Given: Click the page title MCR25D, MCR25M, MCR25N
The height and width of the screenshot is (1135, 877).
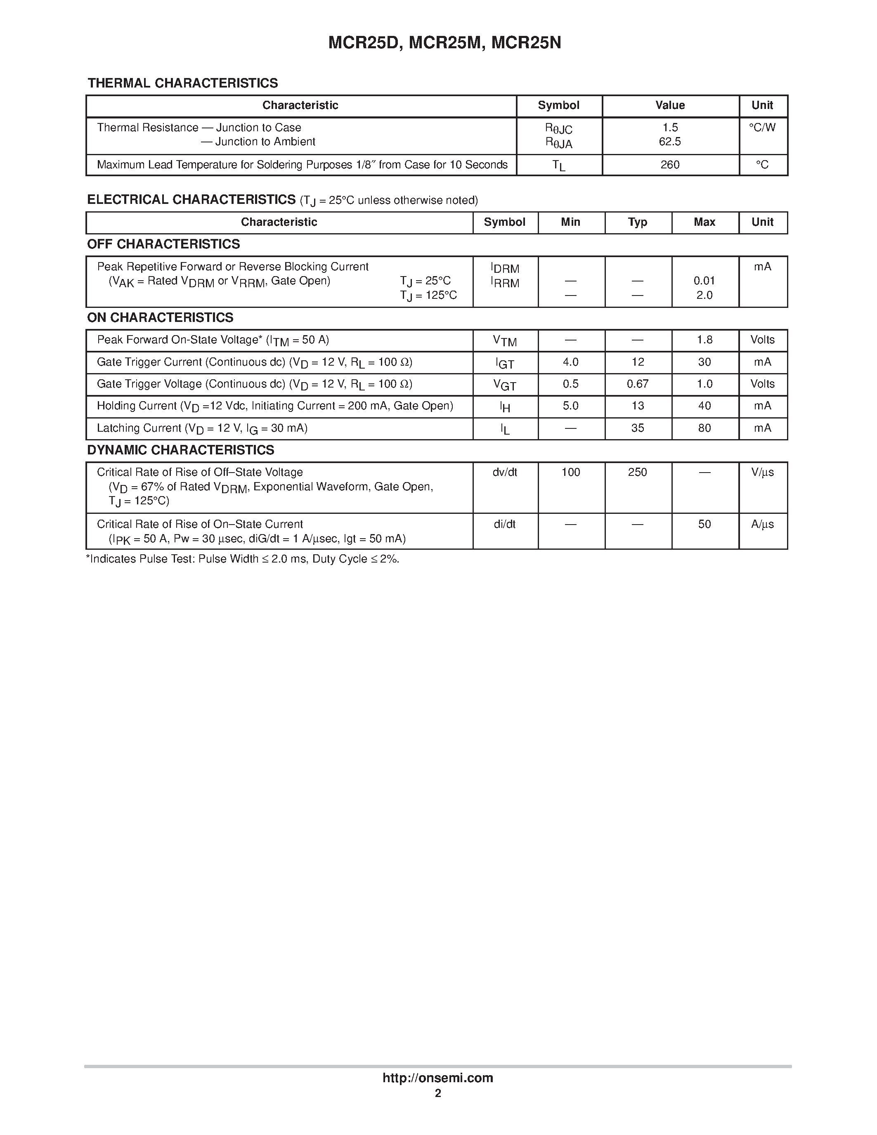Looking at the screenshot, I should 444,43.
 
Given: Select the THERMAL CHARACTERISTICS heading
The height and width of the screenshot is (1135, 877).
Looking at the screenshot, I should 182,83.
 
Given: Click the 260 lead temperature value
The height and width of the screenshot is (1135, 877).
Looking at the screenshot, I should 670,165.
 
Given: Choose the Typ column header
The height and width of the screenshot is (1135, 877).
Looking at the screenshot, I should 638,222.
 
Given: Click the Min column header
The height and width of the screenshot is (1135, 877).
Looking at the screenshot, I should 570,222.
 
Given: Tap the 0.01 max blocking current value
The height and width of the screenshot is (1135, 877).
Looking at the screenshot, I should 704,281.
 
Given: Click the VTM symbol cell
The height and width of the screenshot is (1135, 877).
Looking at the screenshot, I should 504,341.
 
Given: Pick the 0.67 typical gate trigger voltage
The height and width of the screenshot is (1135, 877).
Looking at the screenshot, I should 638,384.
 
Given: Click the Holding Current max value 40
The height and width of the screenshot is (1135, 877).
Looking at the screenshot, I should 704,406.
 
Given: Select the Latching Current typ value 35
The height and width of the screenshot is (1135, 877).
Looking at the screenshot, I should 638,428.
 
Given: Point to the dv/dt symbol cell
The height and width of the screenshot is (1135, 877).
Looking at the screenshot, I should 504,473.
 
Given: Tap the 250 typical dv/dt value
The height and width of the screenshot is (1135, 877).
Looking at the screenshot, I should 638,473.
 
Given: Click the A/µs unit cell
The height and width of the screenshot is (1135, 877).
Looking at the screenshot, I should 762,524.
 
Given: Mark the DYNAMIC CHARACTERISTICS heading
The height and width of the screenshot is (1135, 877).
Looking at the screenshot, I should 180,450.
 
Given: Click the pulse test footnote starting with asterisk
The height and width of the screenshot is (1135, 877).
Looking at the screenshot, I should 242,559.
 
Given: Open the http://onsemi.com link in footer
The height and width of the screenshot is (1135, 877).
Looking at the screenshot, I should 437,1078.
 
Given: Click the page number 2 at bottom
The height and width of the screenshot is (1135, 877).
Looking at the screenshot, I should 437,1093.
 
